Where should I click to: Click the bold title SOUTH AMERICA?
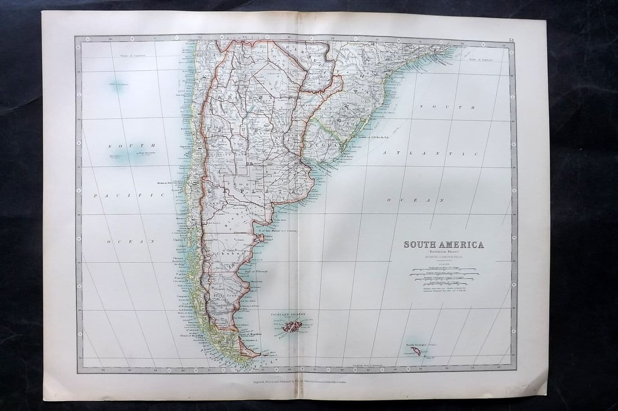(443, 245)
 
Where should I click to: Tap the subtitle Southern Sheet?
(443, 252)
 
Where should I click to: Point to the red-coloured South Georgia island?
(416, 351)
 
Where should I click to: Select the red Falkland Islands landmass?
(293, 326)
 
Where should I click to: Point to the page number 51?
(511, 40)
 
